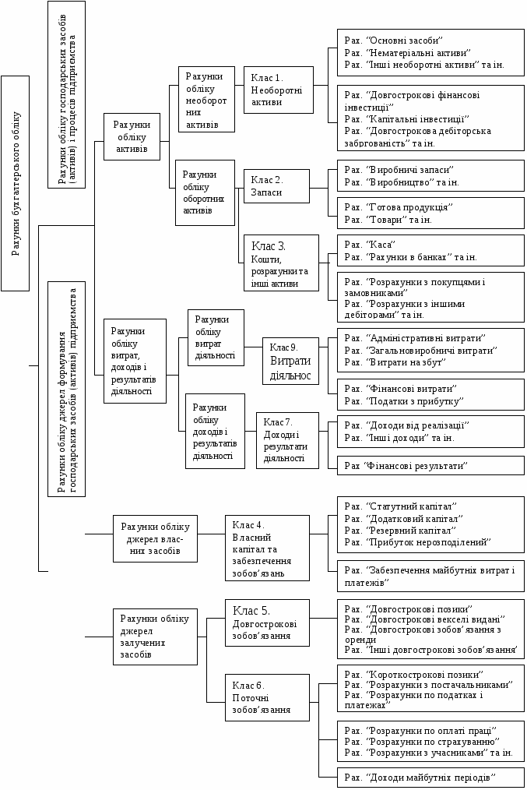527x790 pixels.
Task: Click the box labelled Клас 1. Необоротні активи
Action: coord(278,90)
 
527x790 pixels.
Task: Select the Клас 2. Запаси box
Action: coord(276,185)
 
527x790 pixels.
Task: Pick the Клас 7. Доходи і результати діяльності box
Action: coord(287,440)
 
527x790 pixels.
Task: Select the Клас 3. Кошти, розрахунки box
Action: coord(280,263)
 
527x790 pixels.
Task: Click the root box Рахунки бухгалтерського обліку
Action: coord(16,183)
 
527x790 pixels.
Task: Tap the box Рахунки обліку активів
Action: coord(131,136)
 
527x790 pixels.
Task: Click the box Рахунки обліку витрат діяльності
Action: coord(216,337)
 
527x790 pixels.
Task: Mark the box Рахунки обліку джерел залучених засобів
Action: coord(155,637)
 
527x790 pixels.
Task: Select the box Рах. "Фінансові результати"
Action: coord(430,465)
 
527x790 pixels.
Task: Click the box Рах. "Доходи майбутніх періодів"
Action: coord(430,778)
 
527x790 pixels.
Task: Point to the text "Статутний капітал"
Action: coord(410,506)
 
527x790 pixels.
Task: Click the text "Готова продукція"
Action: coord(409,207)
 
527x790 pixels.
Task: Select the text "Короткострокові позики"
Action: coord(424,674)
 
